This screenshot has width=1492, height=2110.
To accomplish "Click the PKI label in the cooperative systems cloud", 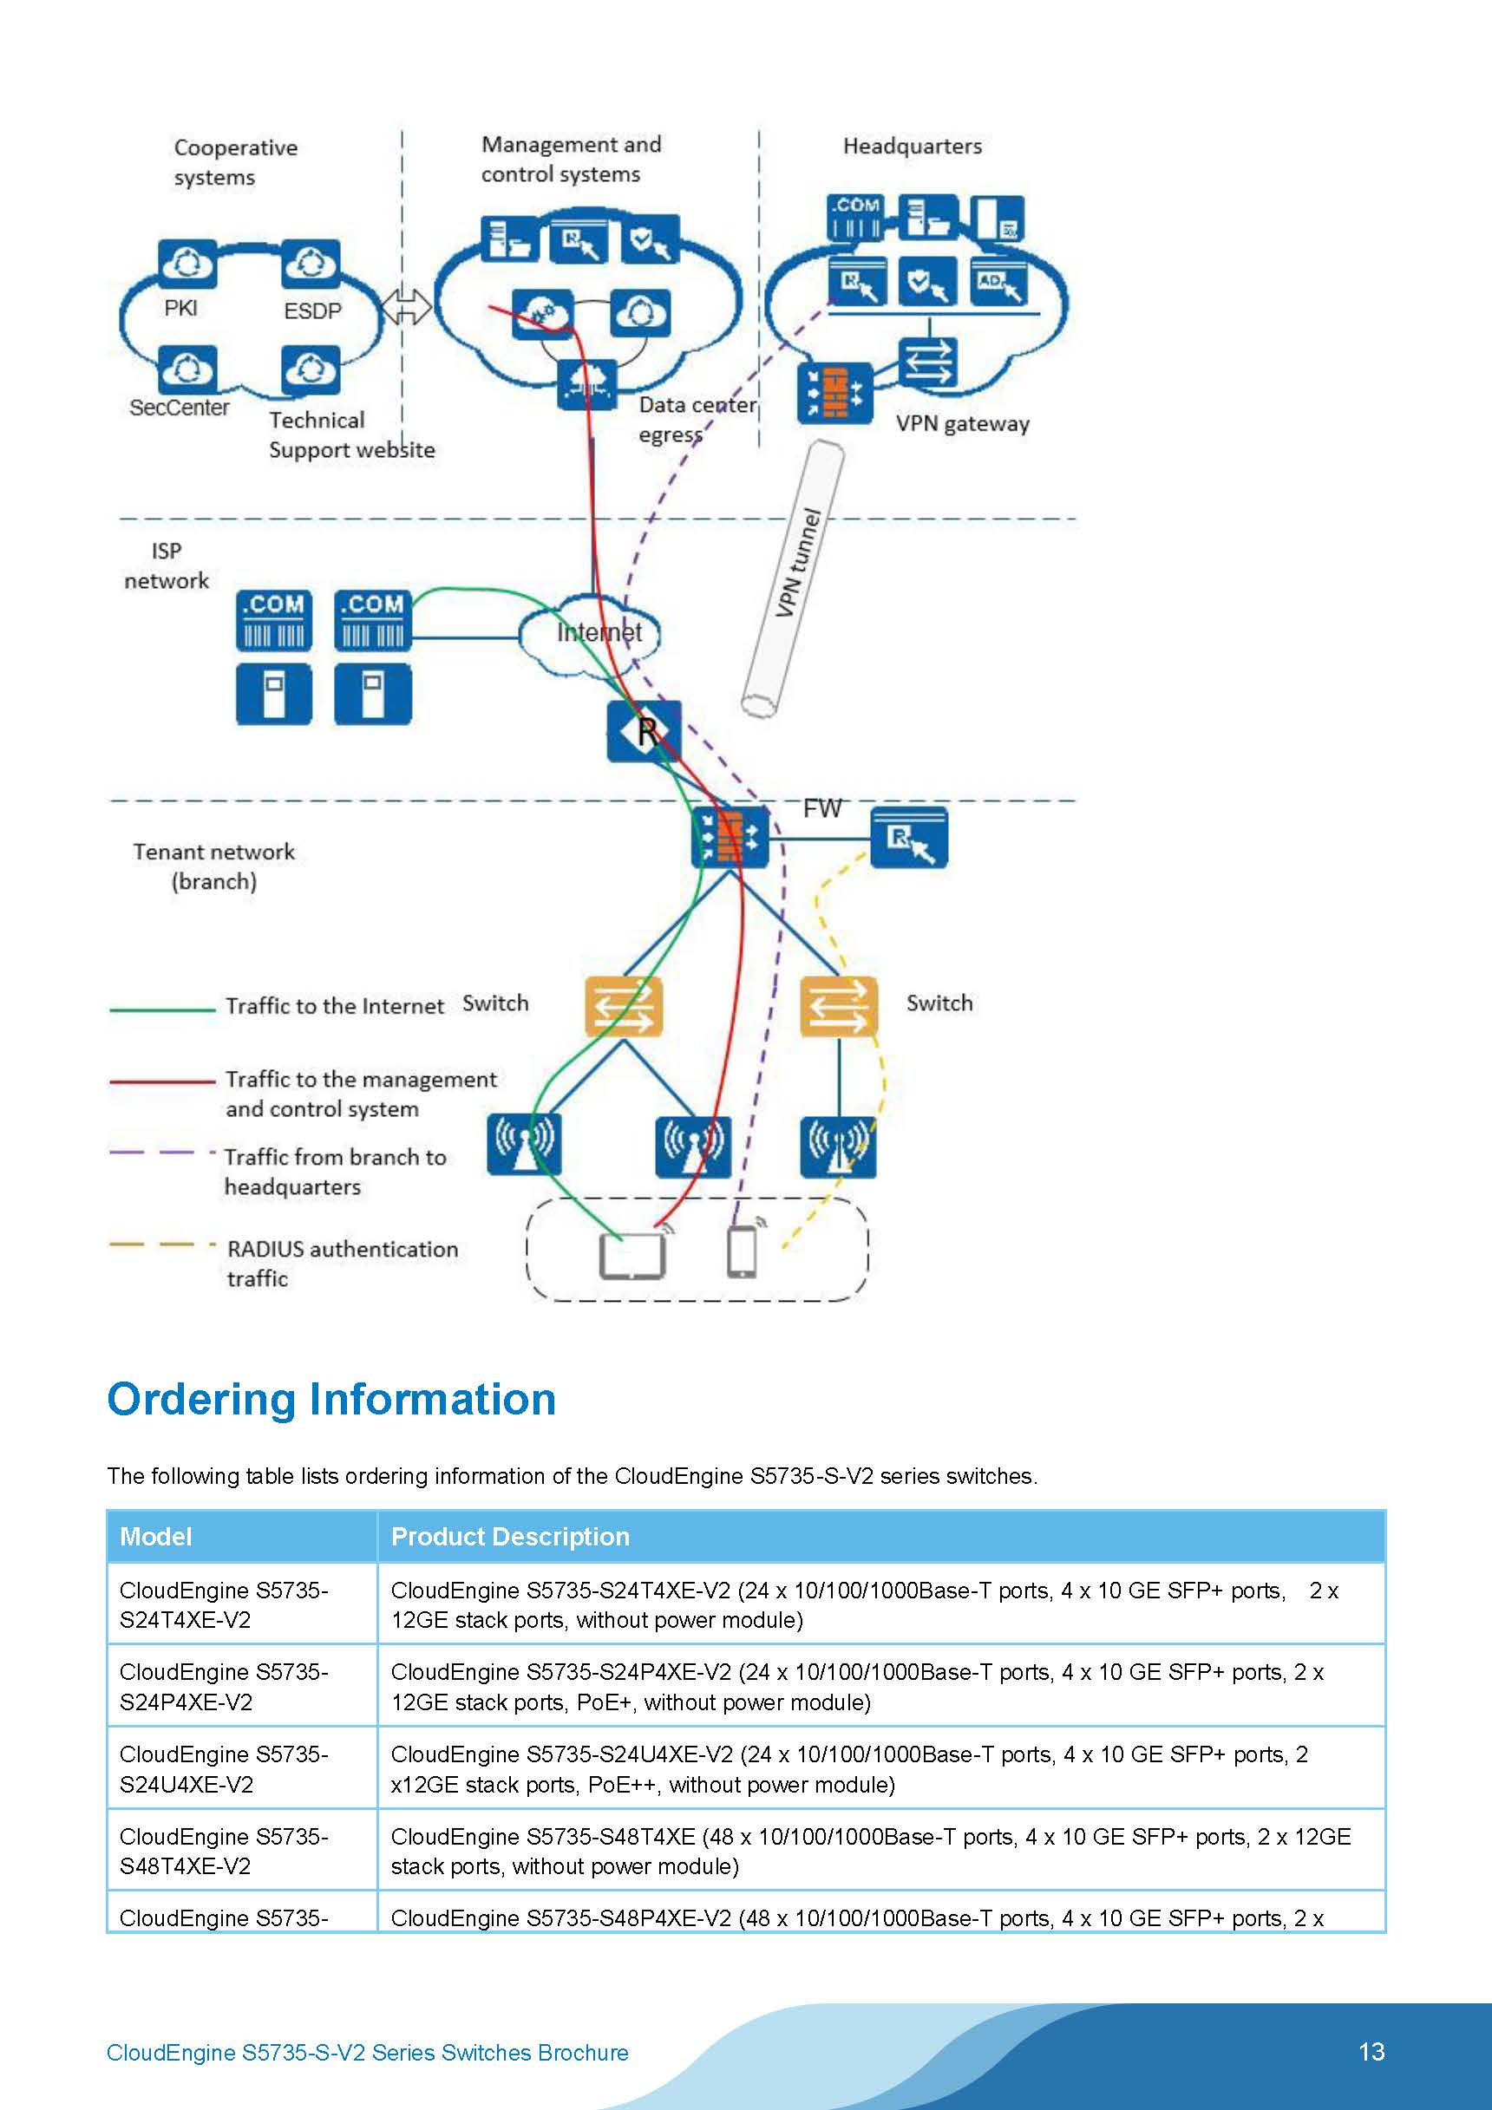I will [180, 309].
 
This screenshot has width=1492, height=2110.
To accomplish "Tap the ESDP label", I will [311, 311].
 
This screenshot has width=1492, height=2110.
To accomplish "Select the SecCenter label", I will [180, 408].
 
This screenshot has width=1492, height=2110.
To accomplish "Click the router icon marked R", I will [645, 731].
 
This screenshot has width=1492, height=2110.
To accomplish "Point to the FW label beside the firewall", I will [821, 809].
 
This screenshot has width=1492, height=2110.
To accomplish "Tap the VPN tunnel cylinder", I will [794, 579].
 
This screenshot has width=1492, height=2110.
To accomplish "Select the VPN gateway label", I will [963, 424].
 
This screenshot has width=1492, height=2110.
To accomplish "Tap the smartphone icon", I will [742, 1252].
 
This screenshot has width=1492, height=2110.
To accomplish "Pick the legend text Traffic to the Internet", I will [335, 1006].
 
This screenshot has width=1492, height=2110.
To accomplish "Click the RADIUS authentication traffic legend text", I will [342, 1264].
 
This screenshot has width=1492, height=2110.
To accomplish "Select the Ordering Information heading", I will [331, 1400].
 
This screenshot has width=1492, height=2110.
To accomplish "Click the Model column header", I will [155, 1537].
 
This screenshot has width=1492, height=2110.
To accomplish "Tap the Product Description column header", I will [510, 1537].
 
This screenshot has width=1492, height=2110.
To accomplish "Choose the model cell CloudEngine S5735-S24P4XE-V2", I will [224, 1686].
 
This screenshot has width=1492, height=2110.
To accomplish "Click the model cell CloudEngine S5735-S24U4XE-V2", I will [224, 1769].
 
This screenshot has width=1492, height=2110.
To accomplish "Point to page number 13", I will [1371, 2052].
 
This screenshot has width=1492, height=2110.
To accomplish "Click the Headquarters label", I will [912, 146].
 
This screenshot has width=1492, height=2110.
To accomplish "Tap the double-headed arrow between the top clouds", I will [405, 307].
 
